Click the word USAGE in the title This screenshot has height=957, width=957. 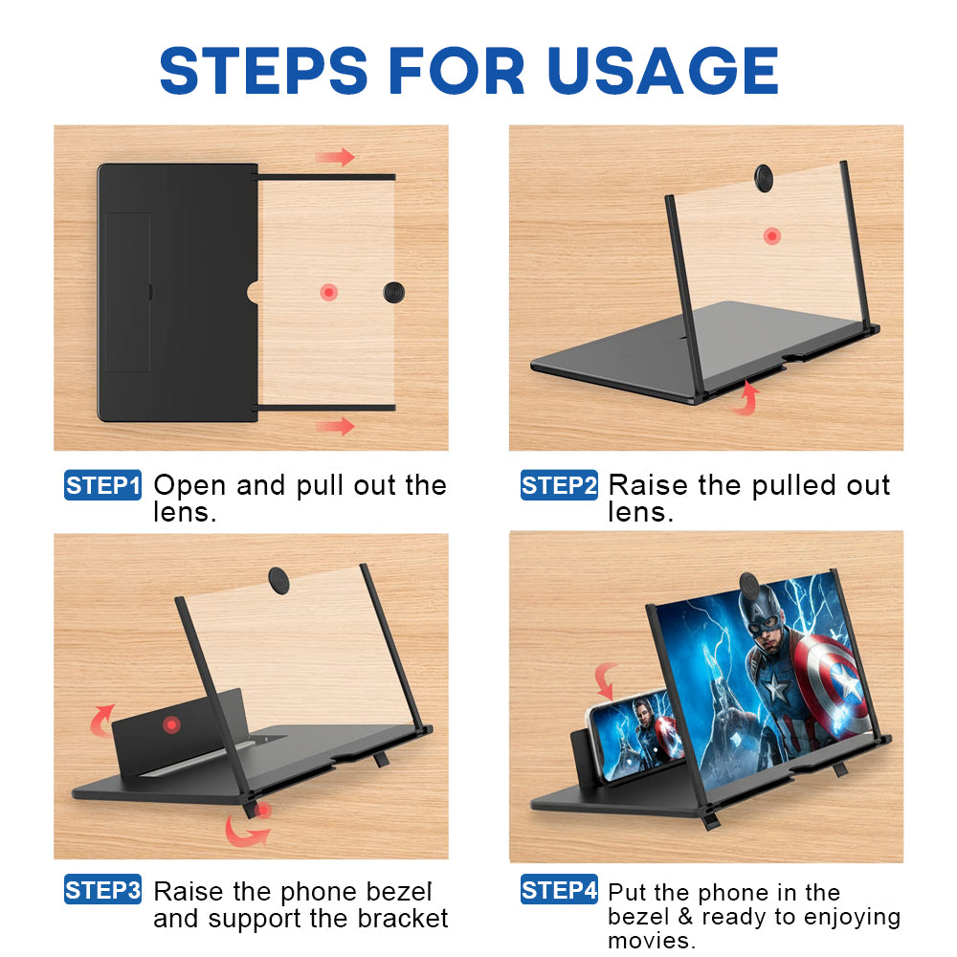663,71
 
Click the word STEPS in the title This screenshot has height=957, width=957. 264,71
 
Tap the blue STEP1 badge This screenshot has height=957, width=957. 102,485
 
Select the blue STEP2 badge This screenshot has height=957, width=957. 559,485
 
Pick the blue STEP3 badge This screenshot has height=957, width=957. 102,889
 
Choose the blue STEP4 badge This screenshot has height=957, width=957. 559,889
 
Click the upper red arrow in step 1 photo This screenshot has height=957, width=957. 335,157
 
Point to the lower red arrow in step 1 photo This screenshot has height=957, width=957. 335,426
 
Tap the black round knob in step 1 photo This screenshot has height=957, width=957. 393,292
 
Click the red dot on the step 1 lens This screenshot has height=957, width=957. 329,292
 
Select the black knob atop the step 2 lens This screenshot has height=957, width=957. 764,178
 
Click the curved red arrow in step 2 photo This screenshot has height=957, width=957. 746,398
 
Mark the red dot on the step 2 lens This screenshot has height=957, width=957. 772,235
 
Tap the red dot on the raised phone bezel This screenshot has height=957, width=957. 171,724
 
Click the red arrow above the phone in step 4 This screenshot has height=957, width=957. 606,681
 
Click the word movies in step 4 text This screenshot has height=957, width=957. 652,941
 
